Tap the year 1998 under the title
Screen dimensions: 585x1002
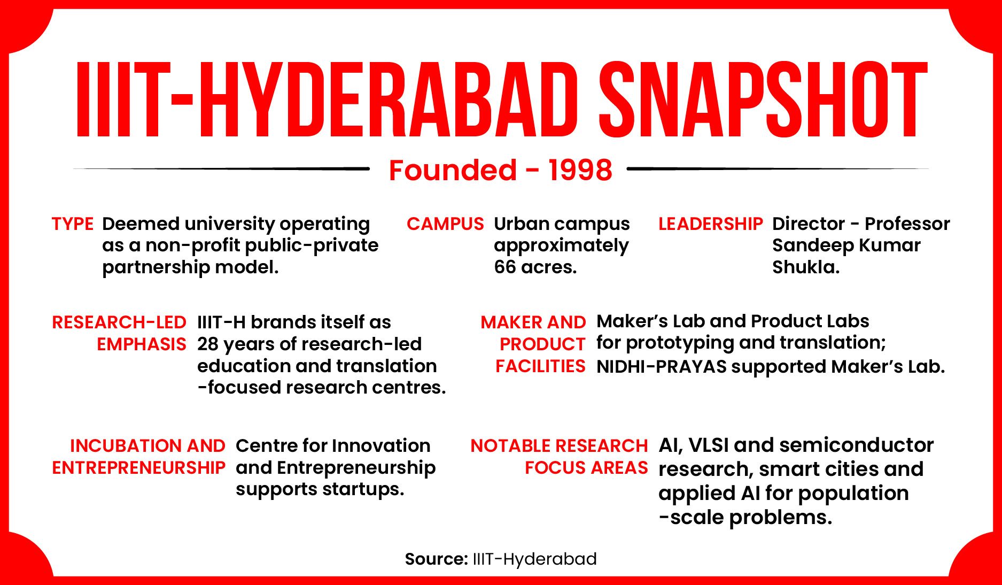pyautogui.click(x=580, y=170)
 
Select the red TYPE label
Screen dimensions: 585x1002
pyautogui.click(x=72, y=224)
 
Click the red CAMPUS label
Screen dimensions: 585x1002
pyautogui.click(x=445, y=224)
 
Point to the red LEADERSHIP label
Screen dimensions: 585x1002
pyautogui.click(x=710, y=224)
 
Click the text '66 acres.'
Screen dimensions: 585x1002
pyautogui.click(x=535, y=267)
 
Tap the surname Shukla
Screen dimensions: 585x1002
pyautogui.click(x=805, y=267)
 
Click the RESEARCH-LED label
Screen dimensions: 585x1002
pyautogui.click(x=119, y=322)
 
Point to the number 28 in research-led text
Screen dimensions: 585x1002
pyautogui.click(x=207, y=344)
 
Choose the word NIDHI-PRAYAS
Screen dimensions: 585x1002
pyautogui.click(x=661, y=367)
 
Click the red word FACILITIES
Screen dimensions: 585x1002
pyautogui.click(x=540, y=366)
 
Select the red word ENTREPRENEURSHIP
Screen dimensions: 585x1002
pyautogui.click(x=138, y=468)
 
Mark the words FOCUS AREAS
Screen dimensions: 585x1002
pyautogui.click(x=586, y=468)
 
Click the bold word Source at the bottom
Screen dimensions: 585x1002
pyautogui.click(x=436, y=559)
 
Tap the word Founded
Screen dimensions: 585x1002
pyautogui.click(x=452, y=170)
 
